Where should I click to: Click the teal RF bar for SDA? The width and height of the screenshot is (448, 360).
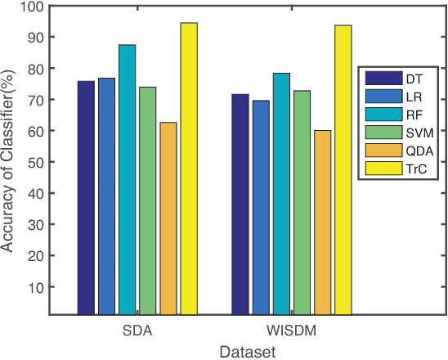(128, 180)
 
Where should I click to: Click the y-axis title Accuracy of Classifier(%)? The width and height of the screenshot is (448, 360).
(10, 160)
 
